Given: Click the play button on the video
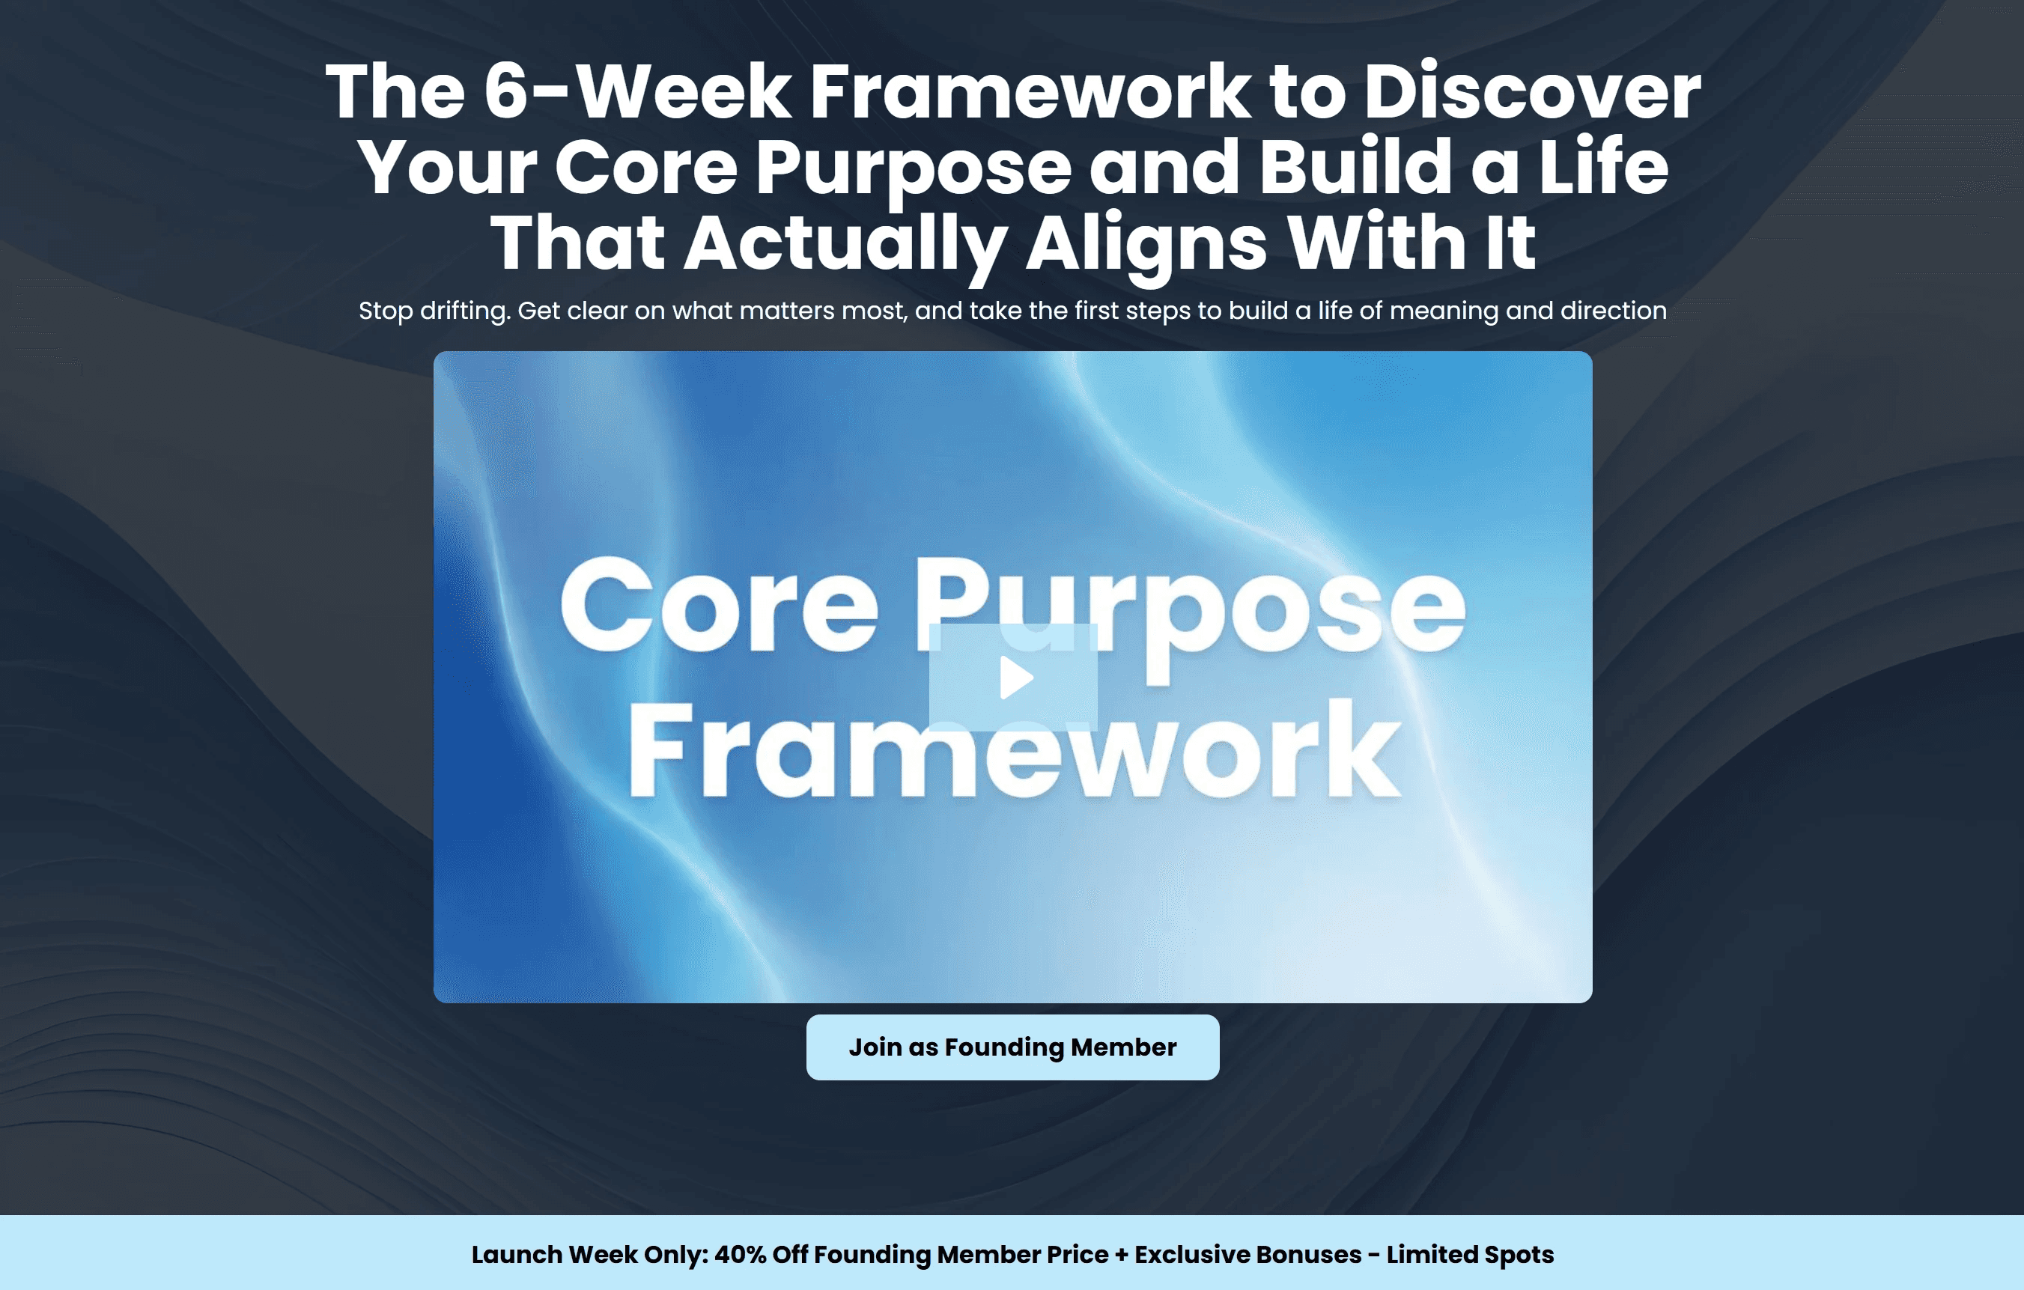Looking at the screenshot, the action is (x=1014, y=678).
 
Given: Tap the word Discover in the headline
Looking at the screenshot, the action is (x=1531, y=91).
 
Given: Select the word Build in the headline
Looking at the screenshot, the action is (x=1355, y=165).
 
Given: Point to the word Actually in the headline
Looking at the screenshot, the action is (x=845, y=244).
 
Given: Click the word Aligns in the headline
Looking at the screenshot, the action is (x=1146, y=244).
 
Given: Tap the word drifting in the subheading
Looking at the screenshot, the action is (x=464, y=311).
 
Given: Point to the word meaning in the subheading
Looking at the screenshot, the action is (x=1443, y=311).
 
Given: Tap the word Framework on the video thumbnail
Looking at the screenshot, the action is (x=1014, y=749).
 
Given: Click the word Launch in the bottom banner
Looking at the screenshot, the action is (x=516, y=1255).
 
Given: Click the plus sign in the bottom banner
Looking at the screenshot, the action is (x=1121, y=1256).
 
